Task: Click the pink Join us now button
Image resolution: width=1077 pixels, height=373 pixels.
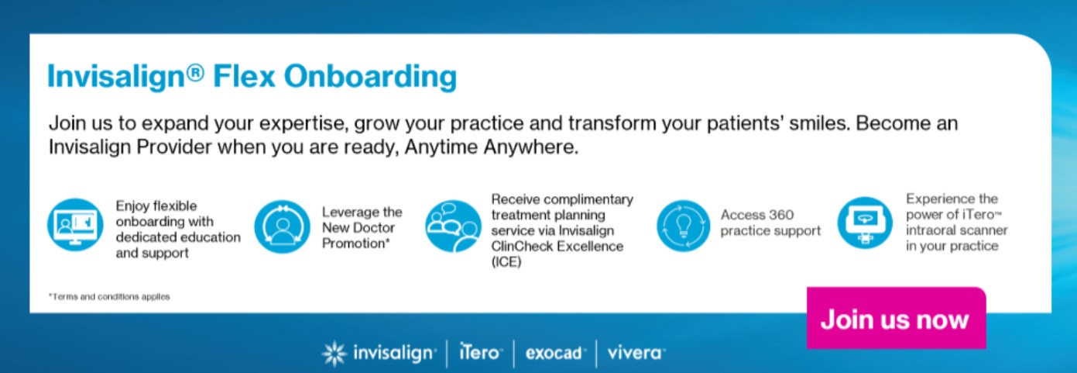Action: tap(897, 318)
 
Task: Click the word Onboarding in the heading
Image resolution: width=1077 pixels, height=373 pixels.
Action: tap(370, 77)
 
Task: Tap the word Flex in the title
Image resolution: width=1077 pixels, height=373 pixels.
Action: tap(244, 77)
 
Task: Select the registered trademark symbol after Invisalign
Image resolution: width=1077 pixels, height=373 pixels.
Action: tap(194, 72)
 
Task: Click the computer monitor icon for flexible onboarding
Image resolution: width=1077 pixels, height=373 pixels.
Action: tap(75, 225)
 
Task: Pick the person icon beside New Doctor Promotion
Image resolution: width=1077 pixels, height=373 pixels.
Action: tap(283, 226)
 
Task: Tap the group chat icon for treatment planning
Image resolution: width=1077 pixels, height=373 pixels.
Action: tap(453, 226)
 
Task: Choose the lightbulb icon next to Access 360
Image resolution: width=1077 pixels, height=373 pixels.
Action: tap(683, 226)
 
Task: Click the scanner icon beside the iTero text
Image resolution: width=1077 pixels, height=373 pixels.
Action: tap(865, 223)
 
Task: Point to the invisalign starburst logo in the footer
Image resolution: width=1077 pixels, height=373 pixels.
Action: tap(334, 354)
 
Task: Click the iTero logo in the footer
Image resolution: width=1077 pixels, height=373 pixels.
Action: tap(480, 352)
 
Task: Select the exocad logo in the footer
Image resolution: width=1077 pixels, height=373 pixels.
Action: tap(555, 354)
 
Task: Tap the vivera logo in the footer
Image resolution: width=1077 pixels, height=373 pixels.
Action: tap(636, 353)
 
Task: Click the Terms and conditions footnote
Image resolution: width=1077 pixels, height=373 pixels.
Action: tap(109, 296)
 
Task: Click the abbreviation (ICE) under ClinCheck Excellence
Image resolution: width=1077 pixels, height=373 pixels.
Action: tap(506, 262)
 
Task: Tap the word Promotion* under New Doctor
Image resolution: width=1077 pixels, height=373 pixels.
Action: tap(356, 243)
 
